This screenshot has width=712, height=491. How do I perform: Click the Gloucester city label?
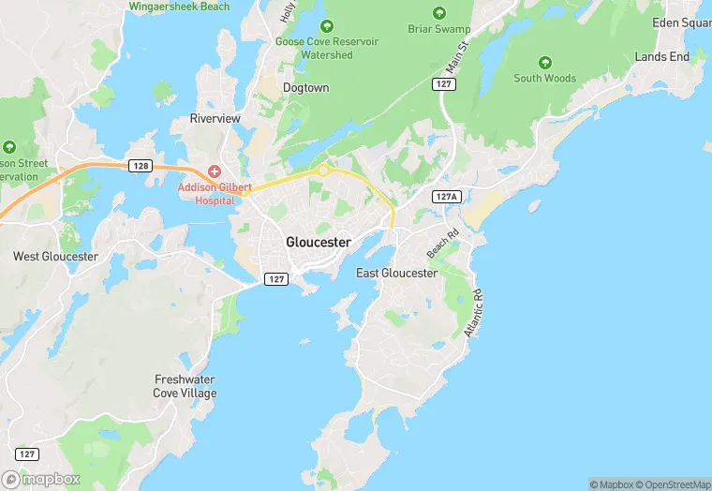319,242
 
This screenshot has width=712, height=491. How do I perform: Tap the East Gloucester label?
396,273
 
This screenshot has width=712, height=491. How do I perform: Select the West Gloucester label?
55,256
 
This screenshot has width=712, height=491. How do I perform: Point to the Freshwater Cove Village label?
185,386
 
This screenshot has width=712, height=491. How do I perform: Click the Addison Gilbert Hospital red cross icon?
215,171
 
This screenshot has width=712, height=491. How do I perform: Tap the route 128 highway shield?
141,166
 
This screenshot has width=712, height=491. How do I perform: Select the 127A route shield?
447,197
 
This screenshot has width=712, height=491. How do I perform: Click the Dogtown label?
306,88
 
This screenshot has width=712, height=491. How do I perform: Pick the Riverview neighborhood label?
215,119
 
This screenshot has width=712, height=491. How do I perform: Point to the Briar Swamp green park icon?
439,13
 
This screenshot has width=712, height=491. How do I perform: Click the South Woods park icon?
544,64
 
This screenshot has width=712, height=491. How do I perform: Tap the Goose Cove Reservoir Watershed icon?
326,27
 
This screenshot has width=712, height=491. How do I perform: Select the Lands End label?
661,57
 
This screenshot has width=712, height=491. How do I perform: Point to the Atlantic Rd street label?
472,313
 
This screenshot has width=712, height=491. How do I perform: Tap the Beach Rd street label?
442,245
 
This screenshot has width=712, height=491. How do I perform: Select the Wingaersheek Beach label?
179,7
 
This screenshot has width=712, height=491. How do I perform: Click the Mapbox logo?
41,478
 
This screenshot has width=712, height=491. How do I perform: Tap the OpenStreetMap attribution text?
673,484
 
